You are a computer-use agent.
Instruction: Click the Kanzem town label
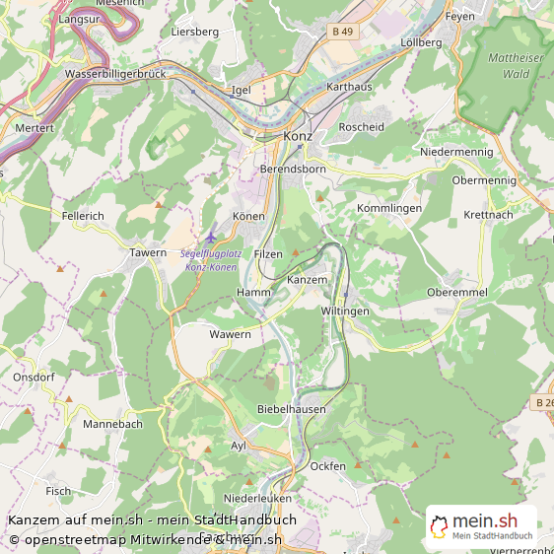coord(306,281)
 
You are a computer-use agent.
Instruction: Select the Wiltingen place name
coord(345,311)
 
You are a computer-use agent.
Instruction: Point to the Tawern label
coord(148,253)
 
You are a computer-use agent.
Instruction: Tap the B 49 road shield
coord(342,32)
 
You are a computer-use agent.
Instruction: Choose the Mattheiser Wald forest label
coord(516,65)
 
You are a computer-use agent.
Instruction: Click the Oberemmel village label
coord(456,293)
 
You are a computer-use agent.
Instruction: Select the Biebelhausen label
coord(291,408)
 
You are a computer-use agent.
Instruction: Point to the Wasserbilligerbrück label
coord(115,74)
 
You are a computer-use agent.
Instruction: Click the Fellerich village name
coord(82,215)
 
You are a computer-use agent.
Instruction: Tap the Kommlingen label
coord(389,209)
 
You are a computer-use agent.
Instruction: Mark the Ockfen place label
coord(327,465)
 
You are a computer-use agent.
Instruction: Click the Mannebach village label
coord(112,424)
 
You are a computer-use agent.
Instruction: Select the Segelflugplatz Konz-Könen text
coord(209,260)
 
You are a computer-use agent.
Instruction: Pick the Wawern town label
coord(230,334)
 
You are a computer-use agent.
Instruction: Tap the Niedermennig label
coord(455,152)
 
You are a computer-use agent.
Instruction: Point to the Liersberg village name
coord(194,32)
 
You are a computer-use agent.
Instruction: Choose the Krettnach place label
coord(488,215)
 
